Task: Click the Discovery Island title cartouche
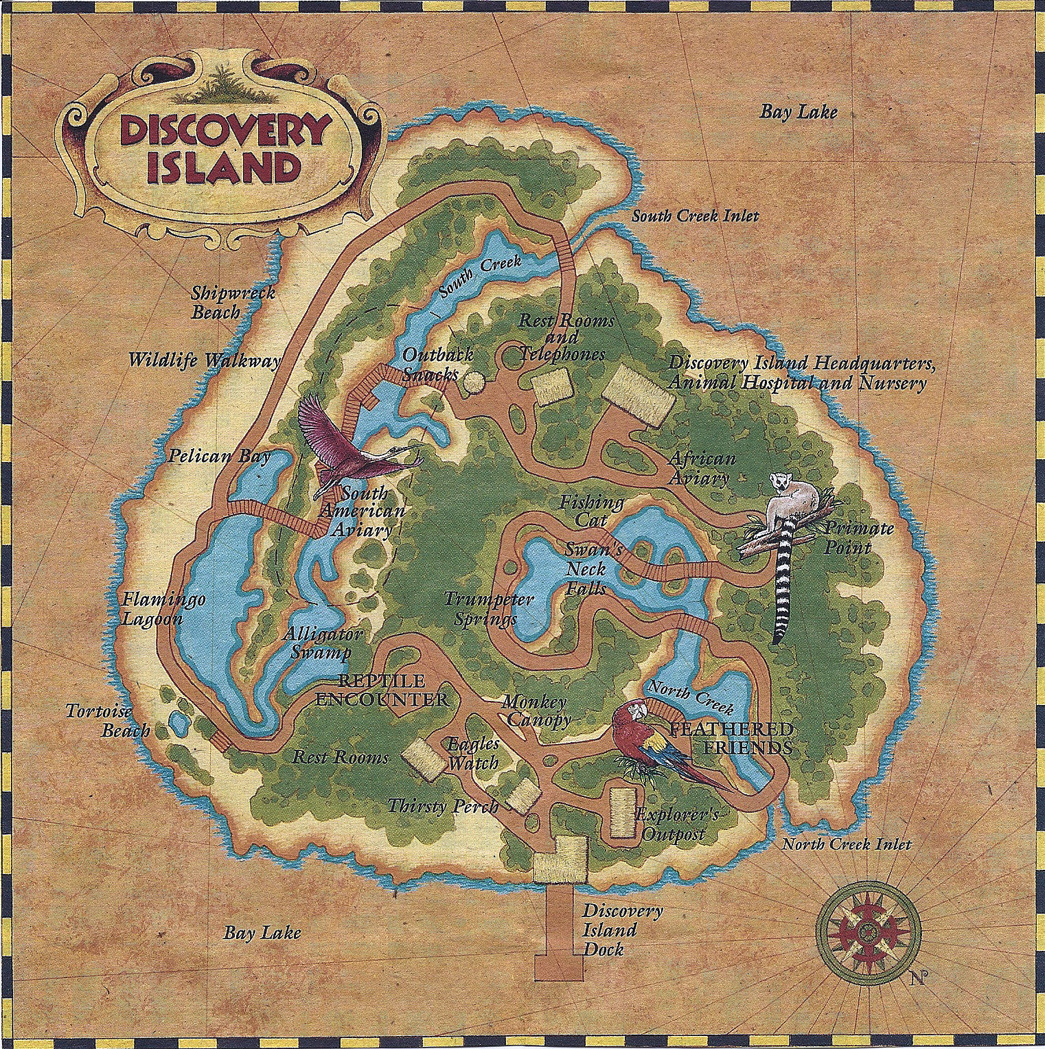(x=224, y=150)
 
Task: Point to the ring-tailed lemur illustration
(x=790, y=542)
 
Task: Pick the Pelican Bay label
(x=220, y=456)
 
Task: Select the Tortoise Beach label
(x=107, y=720)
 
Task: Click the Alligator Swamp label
(x=321, y=643)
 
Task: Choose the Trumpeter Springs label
(x=487, y=608)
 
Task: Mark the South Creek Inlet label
(x=695, y=216)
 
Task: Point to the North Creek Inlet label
(x=846, y=844)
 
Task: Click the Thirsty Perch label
(x=443, y=805)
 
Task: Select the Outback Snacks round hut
(x=472, y=383)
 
